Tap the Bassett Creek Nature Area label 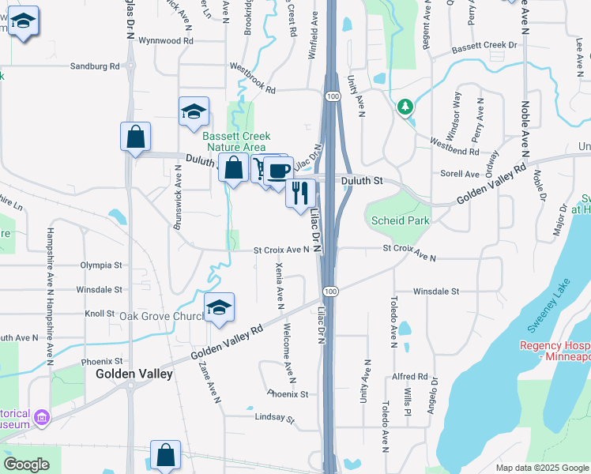click(x=234, y=141)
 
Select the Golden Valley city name click(x=134, y=374)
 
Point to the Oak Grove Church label click(x=162, y=317)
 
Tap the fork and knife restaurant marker click(x=300, y=192)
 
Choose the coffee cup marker click(x=277, y=170)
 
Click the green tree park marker click(x=405, y=106)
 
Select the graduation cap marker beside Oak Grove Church click(x=219, y=307)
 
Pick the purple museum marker click(x=41, y=417)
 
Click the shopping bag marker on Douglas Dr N click(x=135, y=136)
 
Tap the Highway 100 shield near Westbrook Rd click(x=333, y=96)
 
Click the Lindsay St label click(x=273, y=417)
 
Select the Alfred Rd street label click(x=410, y=377)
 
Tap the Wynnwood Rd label click(x=165, y=39)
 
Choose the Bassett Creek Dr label click(x=484, y=47)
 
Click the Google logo click(x=26, y=465)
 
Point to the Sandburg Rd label click(x=94, y=66)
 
